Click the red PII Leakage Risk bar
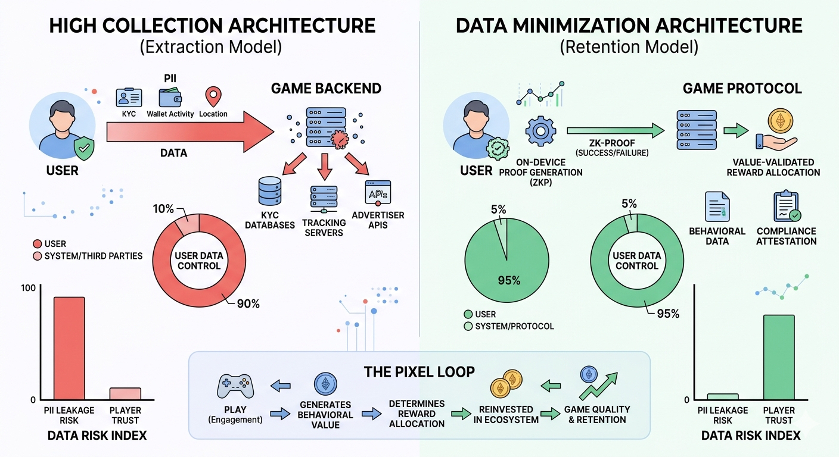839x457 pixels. coord(69,348)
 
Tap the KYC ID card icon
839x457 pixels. coord(129,98)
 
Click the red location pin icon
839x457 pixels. coord(213,97)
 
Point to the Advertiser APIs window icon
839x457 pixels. coord(378,193)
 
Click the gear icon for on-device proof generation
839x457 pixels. coord(541,132)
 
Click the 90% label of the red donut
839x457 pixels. coord(248,303)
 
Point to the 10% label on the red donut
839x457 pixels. coord(163,209)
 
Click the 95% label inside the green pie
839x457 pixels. coord(509,280)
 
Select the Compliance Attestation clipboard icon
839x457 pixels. coord(787,206)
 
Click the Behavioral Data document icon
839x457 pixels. coord(717,206)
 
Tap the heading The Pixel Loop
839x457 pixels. coord(419,372)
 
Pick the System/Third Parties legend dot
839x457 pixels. coord(37,256)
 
